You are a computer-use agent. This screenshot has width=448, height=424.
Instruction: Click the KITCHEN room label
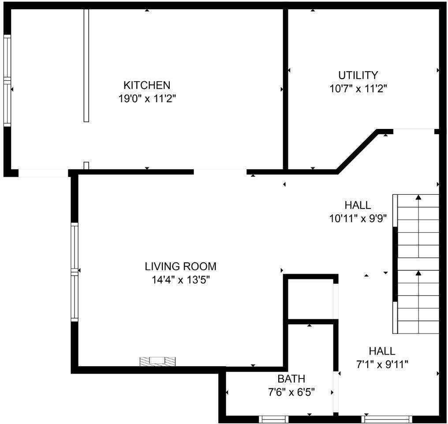[x=147, y=85]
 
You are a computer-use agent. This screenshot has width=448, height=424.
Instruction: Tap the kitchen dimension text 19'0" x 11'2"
[x=147, y=99]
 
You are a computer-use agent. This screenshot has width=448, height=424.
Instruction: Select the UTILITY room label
[x=358, y=75]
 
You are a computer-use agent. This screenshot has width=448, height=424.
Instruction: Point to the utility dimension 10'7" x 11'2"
[x=358, y=89]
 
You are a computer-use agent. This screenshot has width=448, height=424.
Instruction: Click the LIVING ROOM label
[x=181, y=266]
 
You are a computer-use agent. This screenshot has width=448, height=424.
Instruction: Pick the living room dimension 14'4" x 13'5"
[x=181, y=280]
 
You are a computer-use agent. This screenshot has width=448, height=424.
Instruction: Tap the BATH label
[x=291, y=379]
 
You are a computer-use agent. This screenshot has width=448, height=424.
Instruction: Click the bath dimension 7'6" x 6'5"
[x=291, y=392]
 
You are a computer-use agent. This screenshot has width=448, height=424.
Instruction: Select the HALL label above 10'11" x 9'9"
[x=358, y=205]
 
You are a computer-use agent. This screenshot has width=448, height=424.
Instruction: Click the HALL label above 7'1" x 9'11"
[x=382, y=351]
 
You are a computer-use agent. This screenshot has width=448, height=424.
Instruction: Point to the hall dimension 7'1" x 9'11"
[x=382, y=364]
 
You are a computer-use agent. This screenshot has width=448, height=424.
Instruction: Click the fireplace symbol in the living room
[x=157, y=361]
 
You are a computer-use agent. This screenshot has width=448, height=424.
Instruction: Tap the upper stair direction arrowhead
[x=418, y=197]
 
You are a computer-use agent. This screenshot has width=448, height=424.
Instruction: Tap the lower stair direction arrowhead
[x=418, y=273]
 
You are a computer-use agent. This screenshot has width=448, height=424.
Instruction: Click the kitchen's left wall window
[x=7, y=80]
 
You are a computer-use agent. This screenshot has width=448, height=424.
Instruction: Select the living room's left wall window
[x=74, y=272]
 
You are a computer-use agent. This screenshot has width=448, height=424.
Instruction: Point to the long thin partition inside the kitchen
[x=86, y=65]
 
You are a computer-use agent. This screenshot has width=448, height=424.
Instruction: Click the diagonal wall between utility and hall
[x=357, y=151]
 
